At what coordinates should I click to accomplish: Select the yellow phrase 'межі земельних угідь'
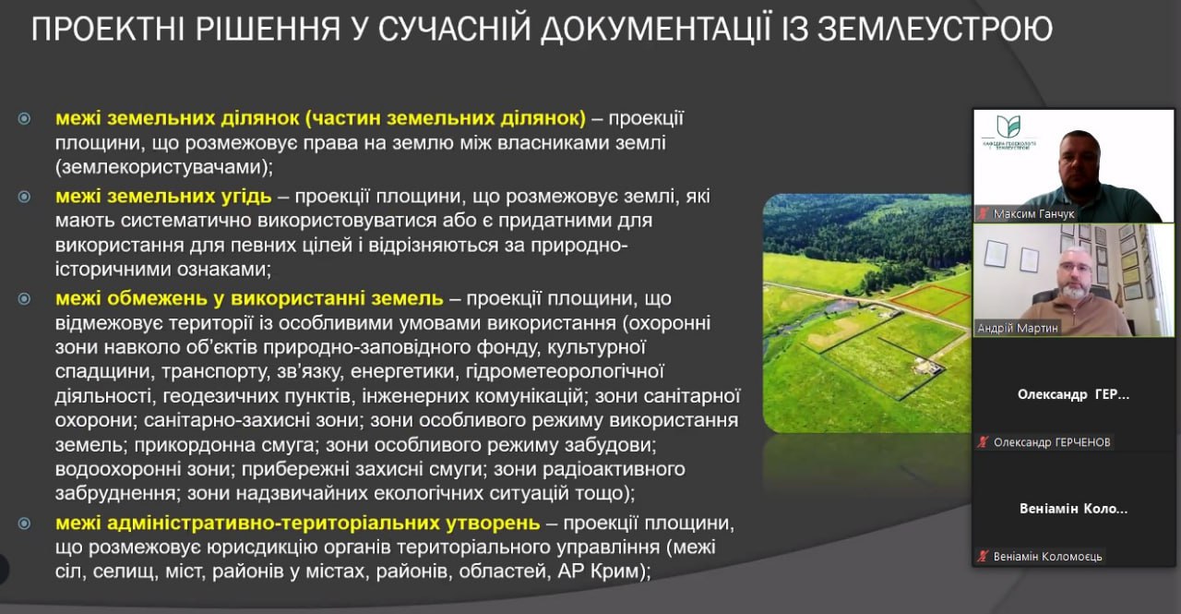click(x=163, y=197)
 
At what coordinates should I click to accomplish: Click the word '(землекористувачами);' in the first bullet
click(x=164, y=168)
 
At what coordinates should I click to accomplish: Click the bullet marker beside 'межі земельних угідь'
click(x=25, y=197)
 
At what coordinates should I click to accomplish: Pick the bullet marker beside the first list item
click(x=25, y=119)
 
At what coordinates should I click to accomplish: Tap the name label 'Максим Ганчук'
click(x=1033, y=213)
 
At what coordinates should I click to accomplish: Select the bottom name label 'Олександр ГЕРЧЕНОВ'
click(x=1052, y=442)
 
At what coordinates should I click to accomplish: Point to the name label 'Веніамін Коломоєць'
click(x=1048, y=556)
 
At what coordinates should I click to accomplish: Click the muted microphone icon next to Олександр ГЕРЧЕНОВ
click(x=984, y=442)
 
